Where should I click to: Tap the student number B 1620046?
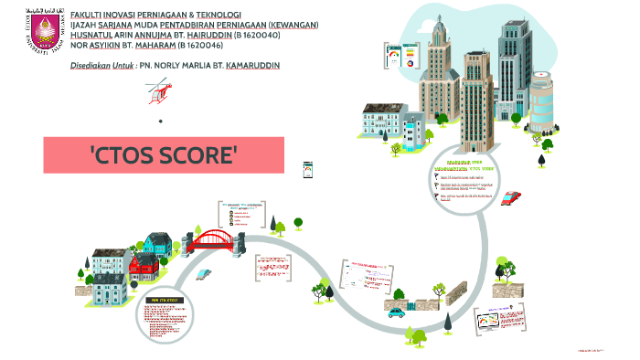206,45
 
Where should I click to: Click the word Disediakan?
90,66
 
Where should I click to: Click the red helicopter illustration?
159,89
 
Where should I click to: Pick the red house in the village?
143,269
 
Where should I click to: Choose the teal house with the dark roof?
156,244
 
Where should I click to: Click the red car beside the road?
511,196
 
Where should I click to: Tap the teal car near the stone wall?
396,312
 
